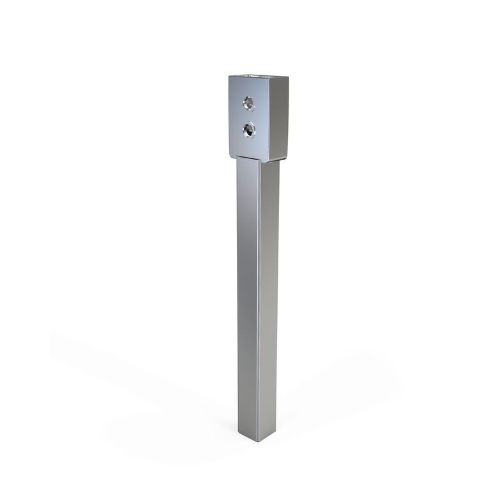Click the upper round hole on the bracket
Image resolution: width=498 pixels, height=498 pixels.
pyautogui.click(x=248, y=102)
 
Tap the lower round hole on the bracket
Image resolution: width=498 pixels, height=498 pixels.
pyautogui.click(x=248, y=130)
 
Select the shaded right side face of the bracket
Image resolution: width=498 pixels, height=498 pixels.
pyautogui.click(x=279, y=117)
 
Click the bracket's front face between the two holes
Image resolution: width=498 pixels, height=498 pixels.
pyautogui.click(x=248, y=116)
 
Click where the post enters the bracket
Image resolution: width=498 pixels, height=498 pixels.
pyautogui.click(x=255, y=159)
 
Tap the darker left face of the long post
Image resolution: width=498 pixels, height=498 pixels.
pyautogui.click(x=248, y=287)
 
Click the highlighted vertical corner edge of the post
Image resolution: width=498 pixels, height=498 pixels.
pyautogui.click(x=259, y=287)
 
